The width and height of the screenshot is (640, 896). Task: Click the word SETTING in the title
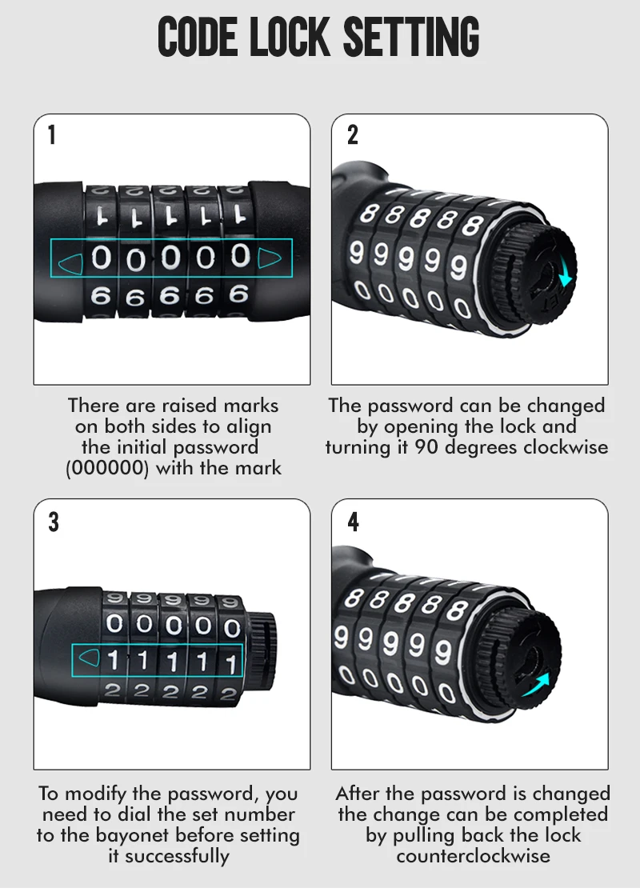pyautogui.click(x=411, y=37)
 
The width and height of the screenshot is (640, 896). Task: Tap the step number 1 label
pyautogui.click(x=52, y=135)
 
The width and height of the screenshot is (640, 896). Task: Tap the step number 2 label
pyautogui.click(x=353, y=135)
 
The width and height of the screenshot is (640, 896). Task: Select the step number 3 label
pyautogui.click(x=54, y=522)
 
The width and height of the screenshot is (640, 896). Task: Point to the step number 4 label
pyautogui.click(x=353, y=522)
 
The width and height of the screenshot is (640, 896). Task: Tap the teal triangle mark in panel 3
pyautogui.click(x=89, y=658)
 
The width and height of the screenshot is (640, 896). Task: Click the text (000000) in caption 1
pyautogui.click(x=108, y=468)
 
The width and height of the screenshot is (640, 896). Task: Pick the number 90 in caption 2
pyautogui.click(x=426, y=447)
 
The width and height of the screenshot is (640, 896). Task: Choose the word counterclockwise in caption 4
pyautogui.click(x=473, y=856)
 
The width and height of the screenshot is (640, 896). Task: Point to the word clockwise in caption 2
pyautogui.click(x=566, y=447)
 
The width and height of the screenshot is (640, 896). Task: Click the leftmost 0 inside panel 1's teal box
pyautogui.click(x=101, y=258)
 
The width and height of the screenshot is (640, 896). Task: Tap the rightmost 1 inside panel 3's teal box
pyautogui.click(x=231, y=664)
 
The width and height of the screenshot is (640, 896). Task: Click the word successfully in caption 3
pyautogui.click(x=177, y=856)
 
